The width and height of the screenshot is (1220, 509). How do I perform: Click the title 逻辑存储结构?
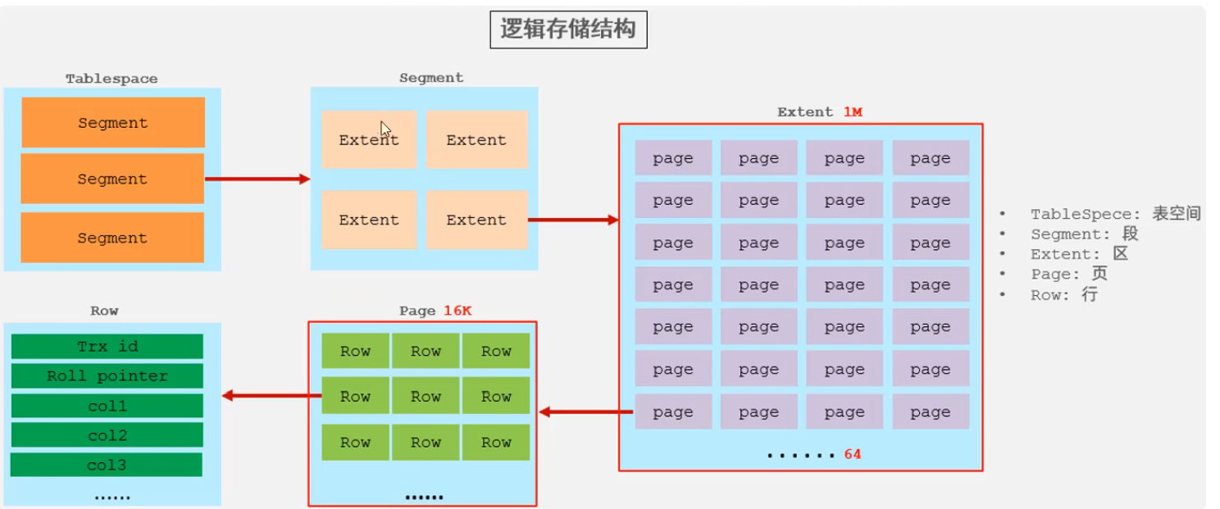point(568,30)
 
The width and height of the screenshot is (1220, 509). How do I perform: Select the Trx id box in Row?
point(107,347)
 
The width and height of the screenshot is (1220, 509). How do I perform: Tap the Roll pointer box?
point(107,376)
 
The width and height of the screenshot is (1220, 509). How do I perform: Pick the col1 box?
point(107,406)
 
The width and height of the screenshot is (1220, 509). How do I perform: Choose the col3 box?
point(107,465)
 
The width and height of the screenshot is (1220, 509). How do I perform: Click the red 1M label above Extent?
point(853,111)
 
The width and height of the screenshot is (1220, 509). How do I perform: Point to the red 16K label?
point(458,311)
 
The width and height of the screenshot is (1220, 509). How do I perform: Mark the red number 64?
point(853,453)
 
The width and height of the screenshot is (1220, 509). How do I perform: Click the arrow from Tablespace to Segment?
point(257,179)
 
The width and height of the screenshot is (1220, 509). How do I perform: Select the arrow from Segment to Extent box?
point(572,220)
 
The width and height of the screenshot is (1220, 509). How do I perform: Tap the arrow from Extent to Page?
point(585,411)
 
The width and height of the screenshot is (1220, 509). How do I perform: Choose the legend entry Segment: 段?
point(1084,234)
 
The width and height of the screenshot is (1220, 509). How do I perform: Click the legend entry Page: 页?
point(1069,274)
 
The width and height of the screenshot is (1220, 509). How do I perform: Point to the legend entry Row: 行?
point(1063,294)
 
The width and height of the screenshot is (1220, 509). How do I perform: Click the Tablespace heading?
point(112,79)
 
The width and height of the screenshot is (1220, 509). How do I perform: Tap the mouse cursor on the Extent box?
point(385,130)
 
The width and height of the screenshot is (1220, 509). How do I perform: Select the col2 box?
point(107,435)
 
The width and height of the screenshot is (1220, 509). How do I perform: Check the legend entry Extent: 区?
point(1079,254)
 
